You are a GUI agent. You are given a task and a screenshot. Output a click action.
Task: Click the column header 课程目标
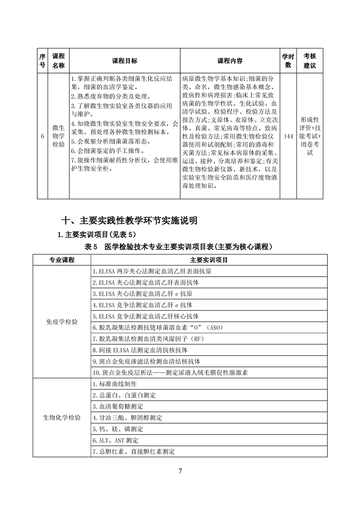(x=124, y=61)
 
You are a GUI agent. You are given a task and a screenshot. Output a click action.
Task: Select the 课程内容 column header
(x=230, y=61)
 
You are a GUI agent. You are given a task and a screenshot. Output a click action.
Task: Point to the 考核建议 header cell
(x=310, y=61)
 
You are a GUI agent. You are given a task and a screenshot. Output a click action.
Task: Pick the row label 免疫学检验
(x=62, y=322)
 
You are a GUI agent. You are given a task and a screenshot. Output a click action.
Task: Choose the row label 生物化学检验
(x=62, y=417)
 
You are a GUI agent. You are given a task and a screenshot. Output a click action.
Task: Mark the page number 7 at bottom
(x=180, y=470)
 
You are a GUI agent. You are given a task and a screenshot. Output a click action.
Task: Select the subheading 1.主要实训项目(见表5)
(x=97, y=235)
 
